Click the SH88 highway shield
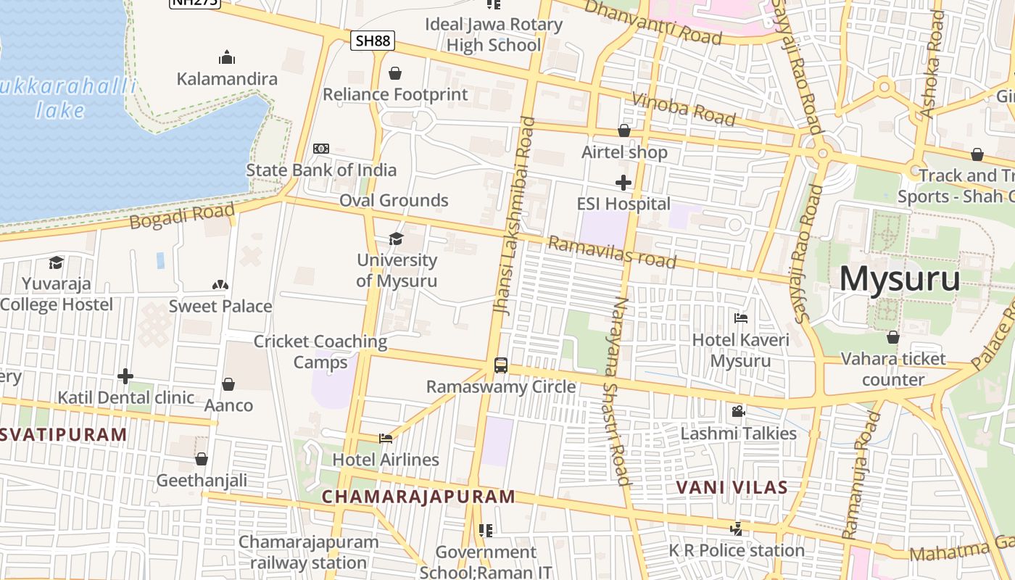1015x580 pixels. [373, 41]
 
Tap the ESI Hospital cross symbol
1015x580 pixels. [623, 183]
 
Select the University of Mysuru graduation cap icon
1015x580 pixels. [396, 239]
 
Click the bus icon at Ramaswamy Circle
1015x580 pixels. [500, 365]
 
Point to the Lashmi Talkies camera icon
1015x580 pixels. [738, 412]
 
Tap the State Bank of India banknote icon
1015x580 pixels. [320, 149]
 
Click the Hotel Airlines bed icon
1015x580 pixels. [386, 438]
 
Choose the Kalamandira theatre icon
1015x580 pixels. [227, 57]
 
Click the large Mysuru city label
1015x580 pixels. [900, 278]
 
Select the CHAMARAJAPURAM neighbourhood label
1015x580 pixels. [418, 497]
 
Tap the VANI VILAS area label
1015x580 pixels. [732, 487]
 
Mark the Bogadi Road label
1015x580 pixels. [183, 216]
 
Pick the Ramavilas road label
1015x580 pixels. [612, 252]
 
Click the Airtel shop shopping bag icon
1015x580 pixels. [624, 130]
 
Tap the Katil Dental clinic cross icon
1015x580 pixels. [125, 376]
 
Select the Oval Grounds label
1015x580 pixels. [394, 200]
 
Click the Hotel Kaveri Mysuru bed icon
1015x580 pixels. [740, 318]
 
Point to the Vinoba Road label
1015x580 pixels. [684, 109]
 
